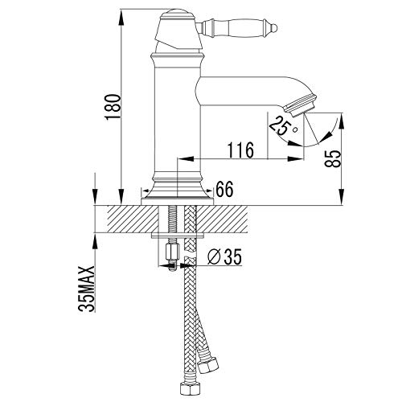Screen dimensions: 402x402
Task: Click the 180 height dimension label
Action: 113,107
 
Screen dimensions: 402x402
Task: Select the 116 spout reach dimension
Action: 240,150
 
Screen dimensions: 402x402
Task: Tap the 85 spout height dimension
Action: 332,158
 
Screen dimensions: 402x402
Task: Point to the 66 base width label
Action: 224,189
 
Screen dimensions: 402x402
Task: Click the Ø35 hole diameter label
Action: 224,256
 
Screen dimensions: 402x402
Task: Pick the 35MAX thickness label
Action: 87,289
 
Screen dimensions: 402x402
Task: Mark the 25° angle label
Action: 283,126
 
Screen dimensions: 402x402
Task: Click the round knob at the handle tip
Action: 274,27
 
